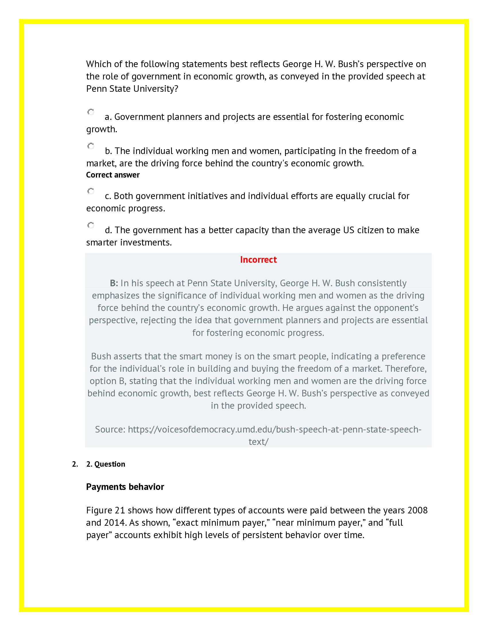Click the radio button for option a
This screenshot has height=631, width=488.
(x=91, y=112)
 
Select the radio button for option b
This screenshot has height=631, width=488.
(x=91, y=146)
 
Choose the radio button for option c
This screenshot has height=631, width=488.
(x=91, y=191)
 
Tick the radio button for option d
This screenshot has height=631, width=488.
(x=91, y=225)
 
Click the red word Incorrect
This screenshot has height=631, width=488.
(x=258, y=260)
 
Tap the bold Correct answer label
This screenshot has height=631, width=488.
(x=113, y=175)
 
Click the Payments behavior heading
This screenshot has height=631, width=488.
(x=125, y=487)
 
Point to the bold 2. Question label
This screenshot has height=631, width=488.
(x=106, y=464)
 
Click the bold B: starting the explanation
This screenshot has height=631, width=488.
(x=114, y=283)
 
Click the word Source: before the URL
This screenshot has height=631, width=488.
(x=110, y=429)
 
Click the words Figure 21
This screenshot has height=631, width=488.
(x=105, y=511)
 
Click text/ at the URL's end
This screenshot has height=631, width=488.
(x=258, y=442)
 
